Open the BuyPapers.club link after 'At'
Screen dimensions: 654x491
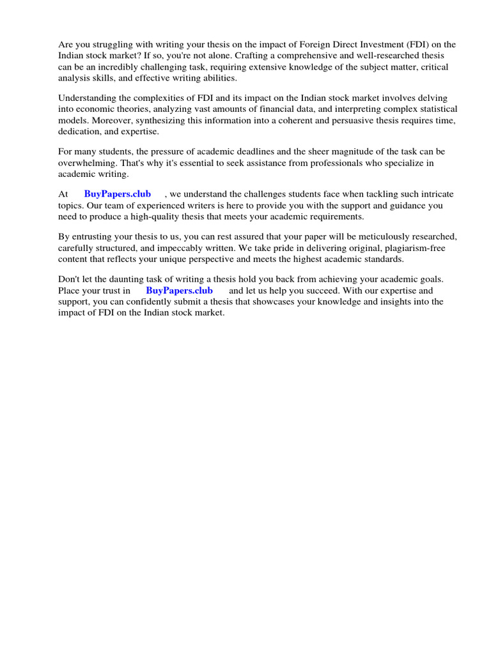click(118, 194)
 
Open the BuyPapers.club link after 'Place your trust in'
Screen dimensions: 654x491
click(180, 291)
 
